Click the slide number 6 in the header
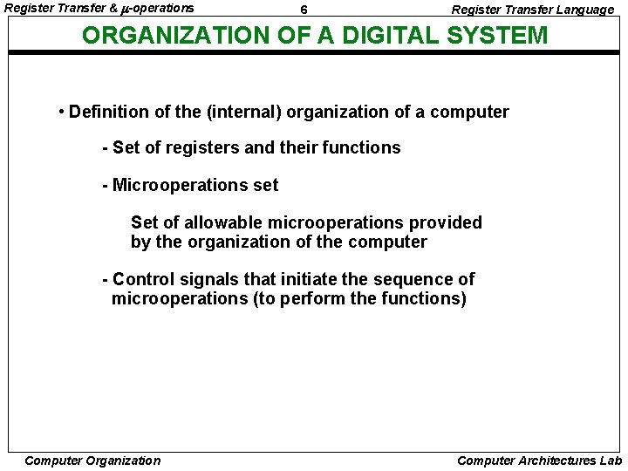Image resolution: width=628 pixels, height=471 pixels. (303, 10)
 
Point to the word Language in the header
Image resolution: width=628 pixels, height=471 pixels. (582, 10)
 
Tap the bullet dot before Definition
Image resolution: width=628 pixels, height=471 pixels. (61, 112)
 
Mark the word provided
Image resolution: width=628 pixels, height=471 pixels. (448, 222)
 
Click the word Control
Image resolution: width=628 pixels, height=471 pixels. (143, 279)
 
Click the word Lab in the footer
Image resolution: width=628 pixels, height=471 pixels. (610, 461)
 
